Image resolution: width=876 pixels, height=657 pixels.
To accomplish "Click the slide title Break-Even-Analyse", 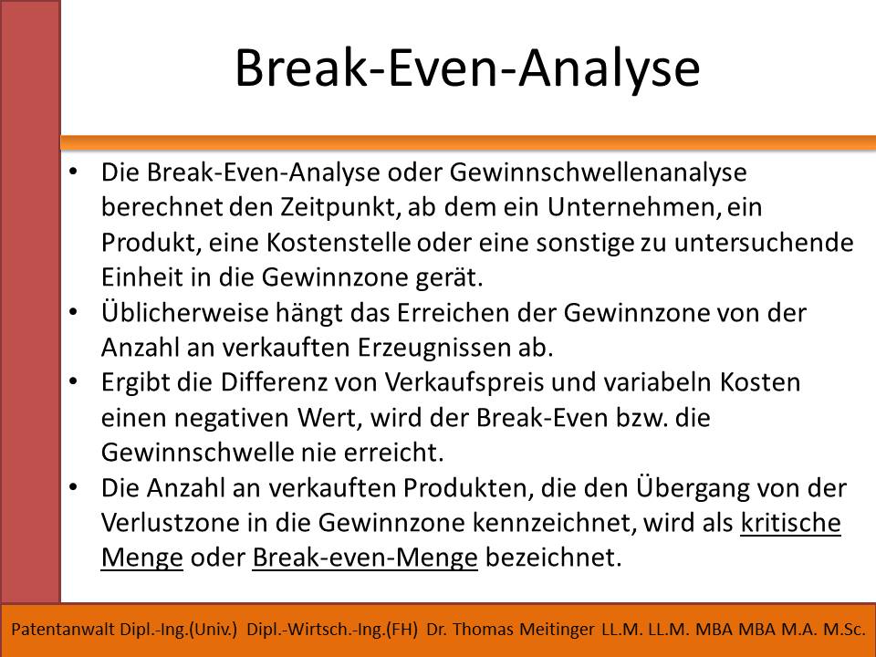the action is [467, 68].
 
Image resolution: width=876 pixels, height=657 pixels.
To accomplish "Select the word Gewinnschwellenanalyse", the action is [598, 172].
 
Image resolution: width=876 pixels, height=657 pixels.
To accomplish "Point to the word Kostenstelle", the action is [339, 243].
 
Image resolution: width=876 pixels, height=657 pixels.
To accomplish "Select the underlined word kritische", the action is [790, 523].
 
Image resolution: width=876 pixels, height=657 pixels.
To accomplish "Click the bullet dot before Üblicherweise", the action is [73, 312].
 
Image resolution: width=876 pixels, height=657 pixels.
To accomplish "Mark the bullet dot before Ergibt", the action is [73, 382].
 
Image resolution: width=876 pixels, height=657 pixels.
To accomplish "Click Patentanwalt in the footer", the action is [63, 630].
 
